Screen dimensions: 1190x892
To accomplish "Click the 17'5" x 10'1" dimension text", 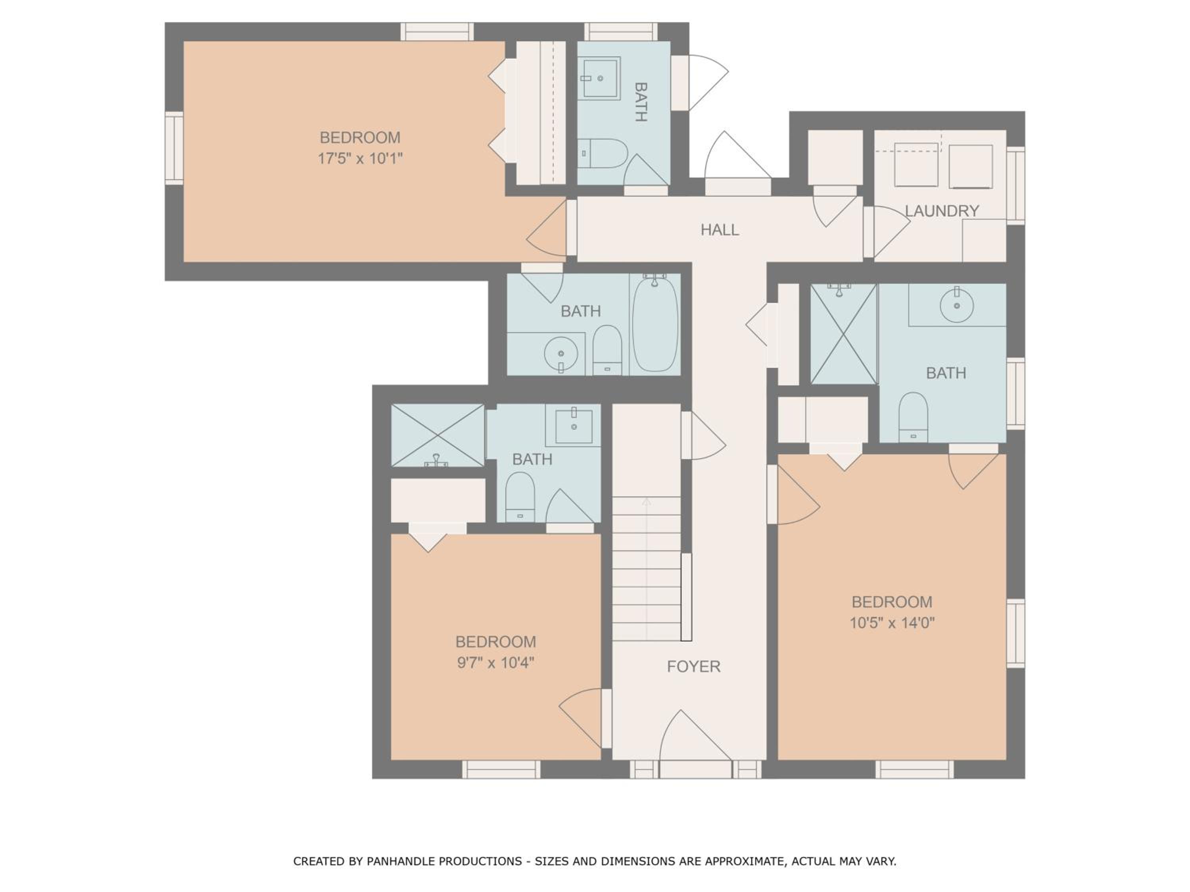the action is (360, 159).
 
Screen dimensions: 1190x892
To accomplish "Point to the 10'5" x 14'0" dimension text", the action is (892, 623).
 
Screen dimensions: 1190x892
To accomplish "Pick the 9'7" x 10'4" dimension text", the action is (495, 663).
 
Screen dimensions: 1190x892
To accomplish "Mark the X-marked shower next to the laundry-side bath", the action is (844, 334).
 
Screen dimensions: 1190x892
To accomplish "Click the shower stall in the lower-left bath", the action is (438, 435).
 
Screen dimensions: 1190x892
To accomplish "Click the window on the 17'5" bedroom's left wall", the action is (174, 148).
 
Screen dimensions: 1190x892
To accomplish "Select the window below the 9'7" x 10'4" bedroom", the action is (501, 769).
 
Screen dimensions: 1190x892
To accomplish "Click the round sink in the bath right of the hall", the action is (956, 305).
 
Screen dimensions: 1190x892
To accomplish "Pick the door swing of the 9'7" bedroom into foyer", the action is (580, 718).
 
